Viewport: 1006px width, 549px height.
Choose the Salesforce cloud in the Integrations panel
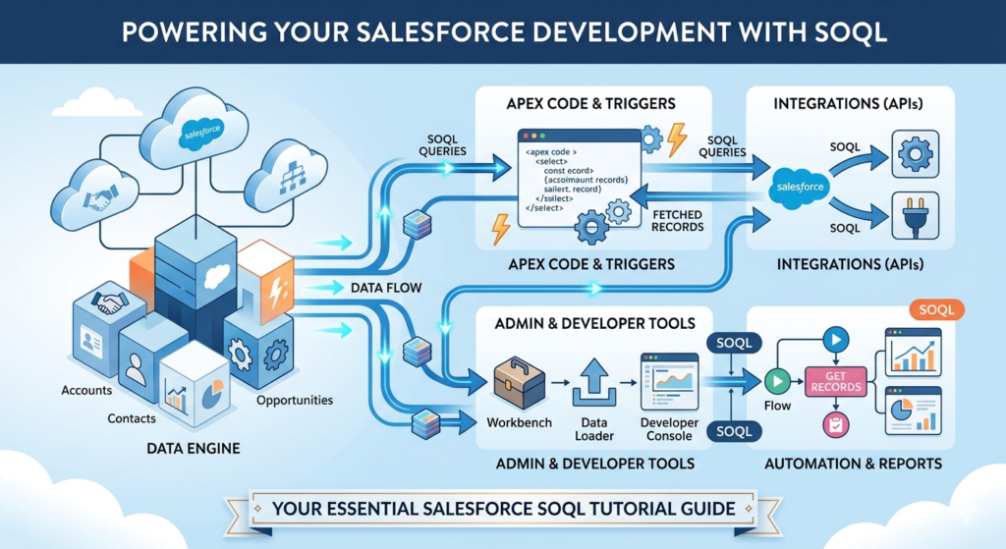[x=801, y=185]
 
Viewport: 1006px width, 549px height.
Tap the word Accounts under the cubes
[x=86, y=390]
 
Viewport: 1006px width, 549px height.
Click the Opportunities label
[x=295, y=400]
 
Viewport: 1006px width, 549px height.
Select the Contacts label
[x=132, y=418]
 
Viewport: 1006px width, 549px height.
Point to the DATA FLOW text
[x=385, y=289]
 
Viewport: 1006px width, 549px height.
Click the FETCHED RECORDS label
[x=677, y=220]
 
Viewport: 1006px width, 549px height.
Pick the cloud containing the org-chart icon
[x=287, y=178]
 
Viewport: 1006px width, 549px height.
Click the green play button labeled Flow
[x=777, y=380]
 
